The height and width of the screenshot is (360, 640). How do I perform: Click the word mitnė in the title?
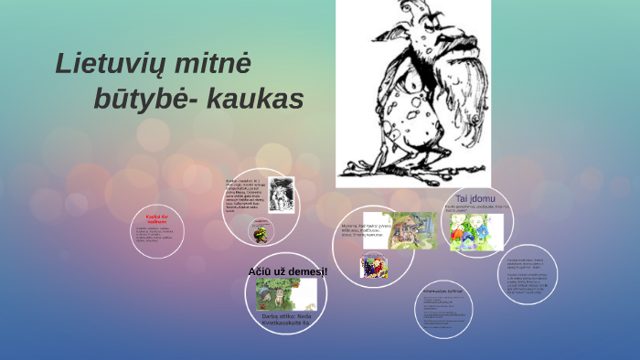(216, 63)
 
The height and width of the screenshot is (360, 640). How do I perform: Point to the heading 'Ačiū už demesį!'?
(287, 271)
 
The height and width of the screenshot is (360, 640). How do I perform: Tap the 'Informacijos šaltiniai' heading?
(443, 291)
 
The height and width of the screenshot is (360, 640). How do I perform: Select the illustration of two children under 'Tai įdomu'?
(476, 233)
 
